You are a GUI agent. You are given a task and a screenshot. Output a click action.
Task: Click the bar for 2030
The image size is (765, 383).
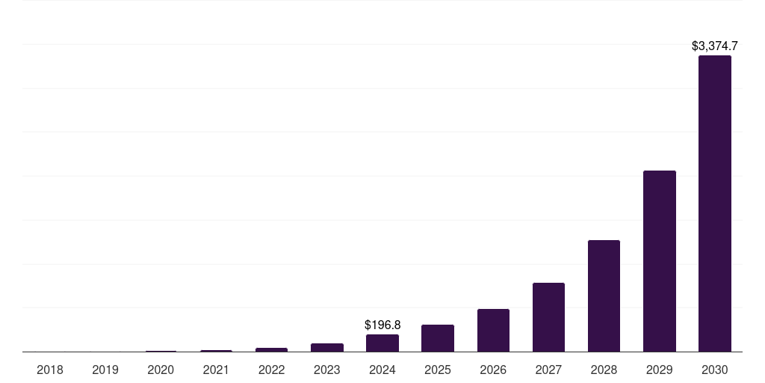tap(714, 203)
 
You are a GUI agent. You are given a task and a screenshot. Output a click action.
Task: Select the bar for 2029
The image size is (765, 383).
tap(659, 261)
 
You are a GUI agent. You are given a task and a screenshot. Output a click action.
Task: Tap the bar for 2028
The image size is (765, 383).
tap(604, 295)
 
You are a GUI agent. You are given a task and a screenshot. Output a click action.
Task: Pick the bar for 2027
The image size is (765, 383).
tap(548, 317)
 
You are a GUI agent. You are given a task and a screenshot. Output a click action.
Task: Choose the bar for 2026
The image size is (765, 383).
tap(493, 330)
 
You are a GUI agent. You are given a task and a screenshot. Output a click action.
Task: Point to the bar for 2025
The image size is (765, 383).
tap(438, 338)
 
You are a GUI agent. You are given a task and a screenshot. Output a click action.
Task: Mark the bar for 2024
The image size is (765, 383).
tap(382, 343)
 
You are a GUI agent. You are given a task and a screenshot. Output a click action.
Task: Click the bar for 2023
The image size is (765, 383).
tap(327, 347)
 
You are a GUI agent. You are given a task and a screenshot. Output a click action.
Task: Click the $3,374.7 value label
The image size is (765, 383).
tap(715, 46)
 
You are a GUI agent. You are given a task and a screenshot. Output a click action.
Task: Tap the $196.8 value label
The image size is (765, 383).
tap(382, 325)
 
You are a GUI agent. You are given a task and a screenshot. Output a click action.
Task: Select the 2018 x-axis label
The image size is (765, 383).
tap(50, 370)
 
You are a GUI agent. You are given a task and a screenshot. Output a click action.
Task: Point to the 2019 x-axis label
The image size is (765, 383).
tap(105, 370)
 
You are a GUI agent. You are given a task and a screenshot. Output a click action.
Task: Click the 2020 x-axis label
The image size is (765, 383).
tap(161, 370)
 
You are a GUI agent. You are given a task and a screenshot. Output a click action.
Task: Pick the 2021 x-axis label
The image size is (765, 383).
tap(216, 370)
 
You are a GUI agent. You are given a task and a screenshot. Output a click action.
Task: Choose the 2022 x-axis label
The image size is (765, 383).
tap(271, 370)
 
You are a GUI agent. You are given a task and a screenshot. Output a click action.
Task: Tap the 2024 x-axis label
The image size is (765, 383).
tap(382, 370)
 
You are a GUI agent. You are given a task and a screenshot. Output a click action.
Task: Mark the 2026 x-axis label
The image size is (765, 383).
tap(493, 370)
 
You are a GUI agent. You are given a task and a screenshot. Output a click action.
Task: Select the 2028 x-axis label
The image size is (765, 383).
tap(604, 370)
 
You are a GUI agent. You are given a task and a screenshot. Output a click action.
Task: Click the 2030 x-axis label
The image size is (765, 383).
tap(714, 370)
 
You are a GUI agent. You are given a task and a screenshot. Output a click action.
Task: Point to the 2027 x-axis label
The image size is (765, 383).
tap(548, 370)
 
